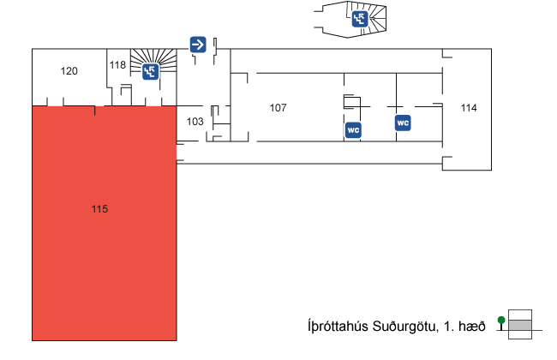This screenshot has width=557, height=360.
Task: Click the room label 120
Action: point(69,71)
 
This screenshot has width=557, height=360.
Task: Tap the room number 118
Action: point(118,65)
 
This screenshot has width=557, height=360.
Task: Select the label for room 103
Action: point(195,122)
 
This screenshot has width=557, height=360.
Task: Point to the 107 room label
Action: point(278,108)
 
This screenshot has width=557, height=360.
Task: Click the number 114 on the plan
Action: point(469,108)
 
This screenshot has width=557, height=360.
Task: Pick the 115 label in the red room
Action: point(100,209)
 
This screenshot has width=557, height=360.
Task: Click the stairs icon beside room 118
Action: point(150,72)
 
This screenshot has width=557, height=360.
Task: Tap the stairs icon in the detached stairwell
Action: point(360,19)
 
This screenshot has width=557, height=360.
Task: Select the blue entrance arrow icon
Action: point(198,44)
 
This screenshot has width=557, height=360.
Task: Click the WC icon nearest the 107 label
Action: point(352,130)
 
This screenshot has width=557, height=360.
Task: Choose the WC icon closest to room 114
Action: point(403,123)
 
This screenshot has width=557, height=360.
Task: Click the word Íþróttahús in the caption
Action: point(337,326)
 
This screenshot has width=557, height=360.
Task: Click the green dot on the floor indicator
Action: point(501,321)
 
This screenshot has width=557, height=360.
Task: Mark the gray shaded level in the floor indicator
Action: point(520,325)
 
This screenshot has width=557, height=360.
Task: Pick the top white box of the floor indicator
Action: point(520,315)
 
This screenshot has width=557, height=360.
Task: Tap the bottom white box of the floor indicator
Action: point(520,335)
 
